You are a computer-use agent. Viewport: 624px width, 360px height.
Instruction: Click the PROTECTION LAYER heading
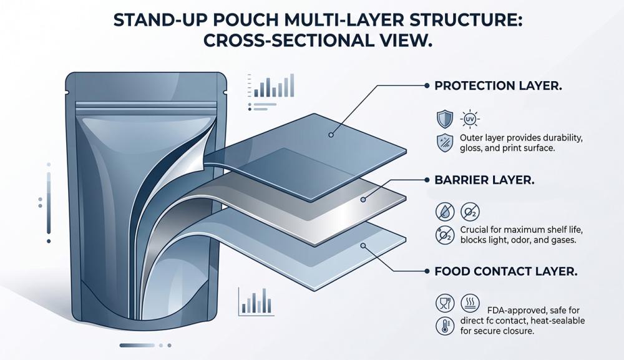point(498,85)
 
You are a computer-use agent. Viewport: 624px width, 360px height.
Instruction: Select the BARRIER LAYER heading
point(484,180)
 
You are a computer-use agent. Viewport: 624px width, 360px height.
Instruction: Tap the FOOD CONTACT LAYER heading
point(506,271)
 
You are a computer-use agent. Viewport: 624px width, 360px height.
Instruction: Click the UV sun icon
point(470,119)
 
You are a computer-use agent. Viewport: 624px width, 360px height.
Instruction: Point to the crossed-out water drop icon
point(445,212)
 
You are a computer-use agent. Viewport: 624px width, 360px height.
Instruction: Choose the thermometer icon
point(445,326)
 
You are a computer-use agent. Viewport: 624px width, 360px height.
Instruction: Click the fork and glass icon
point(445,303)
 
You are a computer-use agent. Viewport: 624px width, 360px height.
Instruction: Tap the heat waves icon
point(470,303)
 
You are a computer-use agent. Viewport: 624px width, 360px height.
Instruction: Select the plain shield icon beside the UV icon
point(444,119)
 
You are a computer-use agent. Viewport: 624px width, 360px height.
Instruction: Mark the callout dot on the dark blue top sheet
point(331,135)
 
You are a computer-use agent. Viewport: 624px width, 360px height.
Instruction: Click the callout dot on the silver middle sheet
point(363,199)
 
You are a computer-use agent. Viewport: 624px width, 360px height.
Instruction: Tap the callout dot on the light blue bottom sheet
point(363,245)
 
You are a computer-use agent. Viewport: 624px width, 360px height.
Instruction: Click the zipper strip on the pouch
point(146,105)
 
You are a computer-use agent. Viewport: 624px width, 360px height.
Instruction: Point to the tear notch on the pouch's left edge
point(67,93)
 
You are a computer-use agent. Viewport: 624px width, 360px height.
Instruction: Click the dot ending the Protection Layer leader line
point(427,85)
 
